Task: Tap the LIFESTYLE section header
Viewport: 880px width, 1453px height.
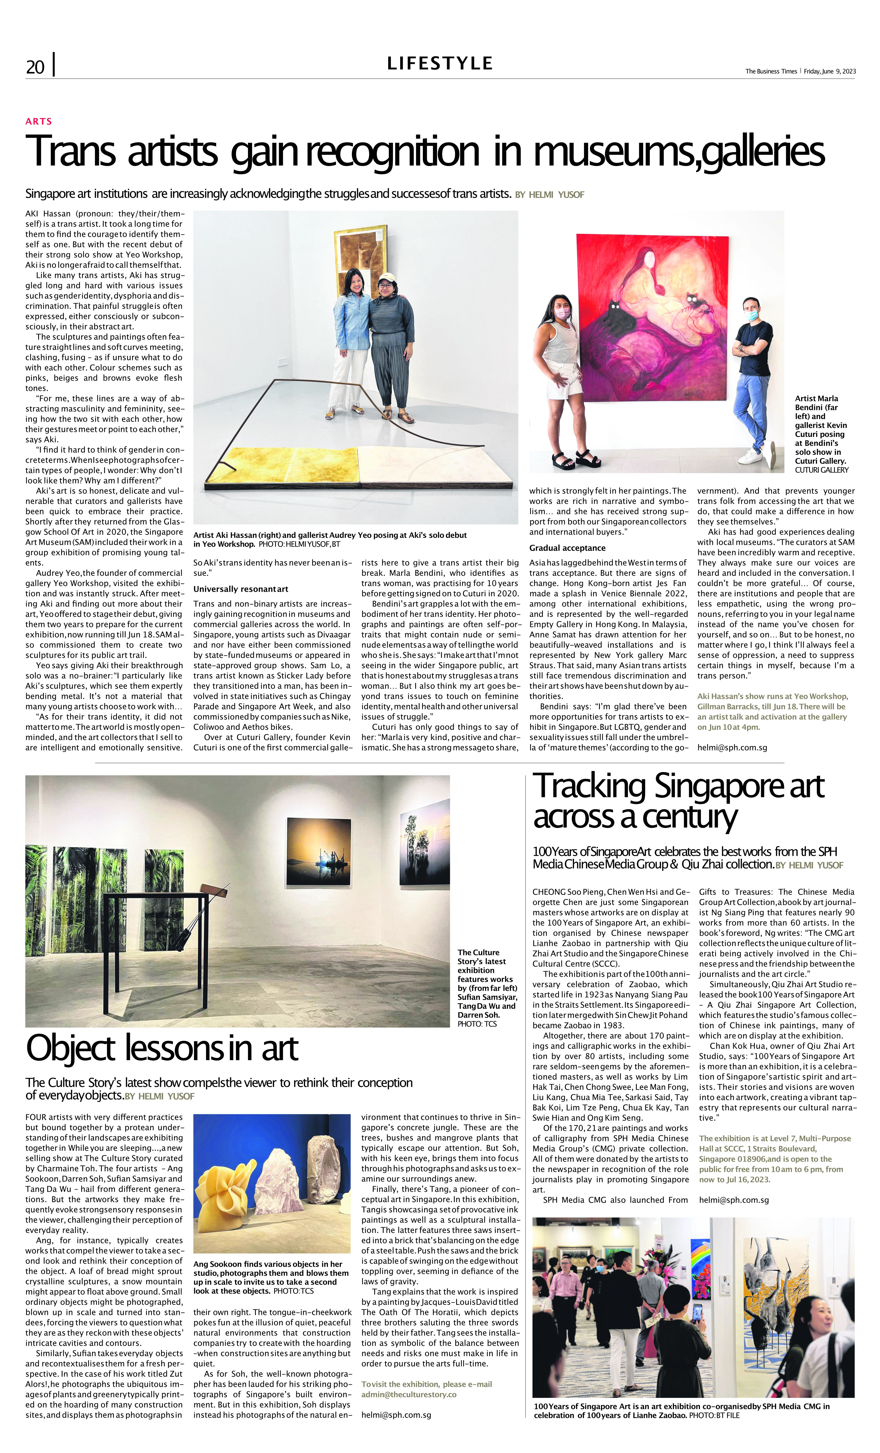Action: (439, 63)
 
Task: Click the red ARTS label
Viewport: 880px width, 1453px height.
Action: (39, 121)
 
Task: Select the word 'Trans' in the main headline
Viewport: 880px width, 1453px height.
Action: (71, 151)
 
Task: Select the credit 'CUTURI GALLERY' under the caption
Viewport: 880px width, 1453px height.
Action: (822, 470)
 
